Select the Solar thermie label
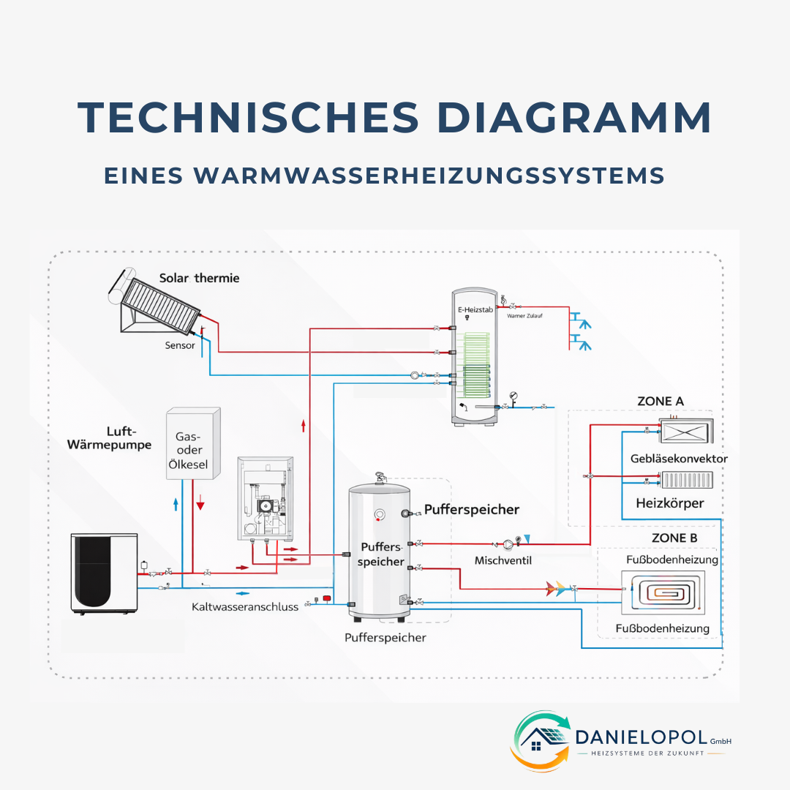(x=199, y=279)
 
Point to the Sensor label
(x=181, y=345)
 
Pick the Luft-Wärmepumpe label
(x=109, y=438)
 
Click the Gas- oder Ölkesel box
(x=193, y=444)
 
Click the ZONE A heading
(x=661, y=402)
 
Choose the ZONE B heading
(x=674, y=538)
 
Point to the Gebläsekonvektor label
(x=679, y=459)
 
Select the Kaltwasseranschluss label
(x=245, y=607)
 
